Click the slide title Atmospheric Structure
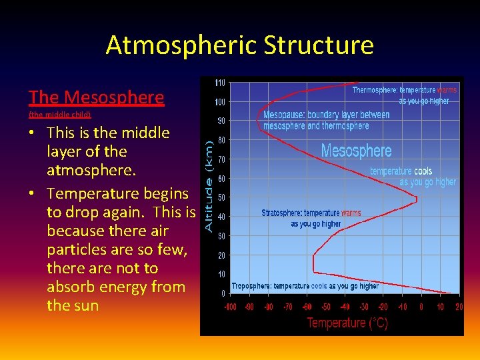(239, 45)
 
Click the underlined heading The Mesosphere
(96, 97)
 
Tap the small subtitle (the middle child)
(59, 115)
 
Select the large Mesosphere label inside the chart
(356, 151)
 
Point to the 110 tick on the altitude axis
(219, 83)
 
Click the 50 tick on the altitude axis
(221, 197)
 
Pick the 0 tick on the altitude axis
(223, 293)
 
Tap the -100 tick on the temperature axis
(230, 307)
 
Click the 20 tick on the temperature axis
(459, 307)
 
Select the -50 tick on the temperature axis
(326, 307)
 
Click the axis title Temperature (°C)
(347, 323)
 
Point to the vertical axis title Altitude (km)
(209, 186)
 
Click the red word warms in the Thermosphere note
(447, 90)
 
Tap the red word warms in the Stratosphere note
(351, 213)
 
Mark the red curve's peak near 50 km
(416, 198)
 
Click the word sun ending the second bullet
(86, 306)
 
